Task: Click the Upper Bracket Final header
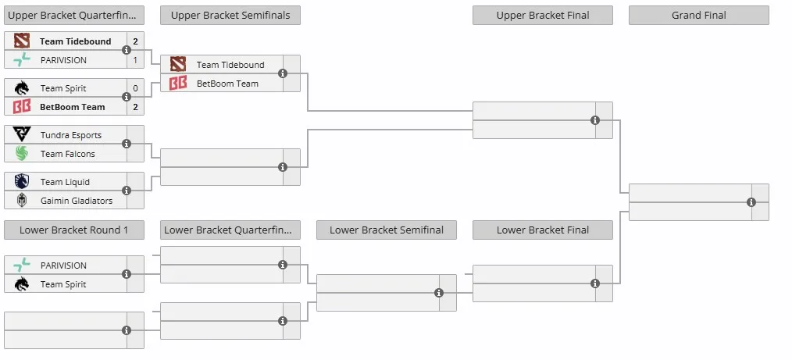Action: (543, 15)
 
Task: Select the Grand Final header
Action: (698, 15)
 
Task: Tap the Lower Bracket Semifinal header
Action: (387, 230)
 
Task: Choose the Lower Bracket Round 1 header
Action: (73, 230)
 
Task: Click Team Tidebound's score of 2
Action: (135, 41)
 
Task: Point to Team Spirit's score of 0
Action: (135, 88)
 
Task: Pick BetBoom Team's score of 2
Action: (135, 107)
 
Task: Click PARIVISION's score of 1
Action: (135, 60)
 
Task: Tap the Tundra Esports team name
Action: (71, 135)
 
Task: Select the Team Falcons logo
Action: (22, 154)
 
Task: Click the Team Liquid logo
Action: (22, 182)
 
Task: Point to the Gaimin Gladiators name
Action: (77, 201)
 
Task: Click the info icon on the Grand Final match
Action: (751, 202)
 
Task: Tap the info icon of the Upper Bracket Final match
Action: (595, 120)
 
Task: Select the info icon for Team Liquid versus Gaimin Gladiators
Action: (127, 191)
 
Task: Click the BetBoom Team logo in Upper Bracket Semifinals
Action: (178, 84)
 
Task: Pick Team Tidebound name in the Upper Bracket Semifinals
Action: (230, 65)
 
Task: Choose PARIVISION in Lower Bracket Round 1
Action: (63, 266)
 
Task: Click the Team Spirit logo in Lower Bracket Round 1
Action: (22, 284)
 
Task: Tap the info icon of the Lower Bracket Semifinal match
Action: (439, 293)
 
